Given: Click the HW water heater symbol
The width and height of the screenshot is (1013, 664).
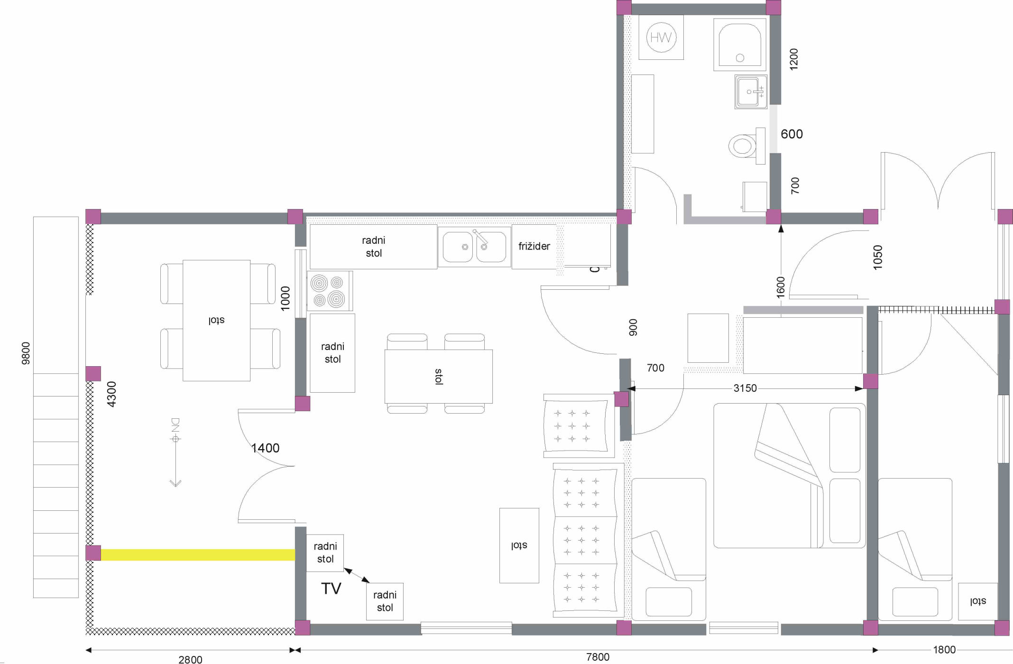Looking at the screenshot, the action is tap(661, 37).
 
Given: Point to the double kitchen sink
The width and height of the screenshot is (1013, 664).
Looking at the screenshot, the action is tap(474, 247).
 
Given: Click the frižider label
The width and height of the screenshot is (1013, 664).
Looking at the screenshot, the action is tap(534, 246).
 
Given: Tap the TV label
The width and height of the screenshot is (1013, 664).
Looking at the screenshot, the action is tap(331, 589).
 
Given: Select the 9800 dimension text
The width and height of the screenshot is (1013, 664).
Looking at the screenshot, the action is tap(26, 353).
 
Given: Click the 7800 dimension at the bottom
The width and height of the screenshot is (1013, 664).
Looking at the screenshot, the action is tap(598, 657).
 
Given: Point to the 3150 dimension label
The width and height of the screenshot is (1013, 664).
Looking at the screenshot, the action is tap(745, 388).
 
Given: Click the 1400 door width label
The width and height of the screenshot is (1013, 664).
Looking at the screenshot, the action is tap(265, 448).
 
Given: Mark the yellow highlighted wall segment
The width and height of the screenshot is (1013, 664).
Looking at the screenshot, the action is tap(198, 555).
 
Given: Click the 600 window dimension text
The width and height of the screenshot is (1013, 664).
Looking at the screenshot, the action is tap(792, 134).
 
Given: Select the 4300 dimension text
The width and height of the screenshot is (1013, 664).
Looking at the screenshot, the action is tap(111, 394).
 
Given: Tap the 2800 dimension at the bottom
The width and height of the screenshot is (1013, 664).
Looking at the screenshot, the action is tap(190, 659).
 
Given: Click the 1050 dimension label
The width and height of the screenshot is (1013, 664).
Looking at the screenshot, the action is tap(878, 258).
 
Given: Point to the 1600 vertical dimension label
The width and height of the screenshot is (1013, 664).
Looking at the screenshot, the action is tap(781, 287).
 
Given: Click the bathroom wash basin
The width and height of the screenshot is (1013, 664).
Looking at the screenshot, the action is tap(751, 92).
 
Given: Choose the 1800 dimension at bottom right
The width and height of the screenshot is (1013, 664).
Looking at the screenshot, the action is tap(944, 650).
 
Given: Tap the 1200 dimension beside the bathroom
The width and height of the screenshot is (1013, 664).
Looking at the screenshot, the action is tap(793, 59).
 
